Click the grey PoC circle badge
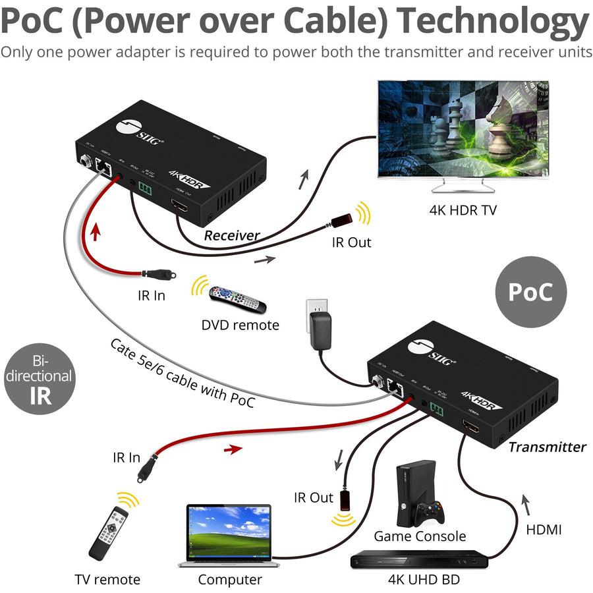(x=530, y=292)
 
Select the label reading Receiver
(x=231, y=235)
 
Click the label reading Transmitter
(x=546, y=447)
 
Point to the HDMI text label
(x=544, y=528)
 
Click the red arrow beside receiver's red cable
(x=96, y=232)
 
